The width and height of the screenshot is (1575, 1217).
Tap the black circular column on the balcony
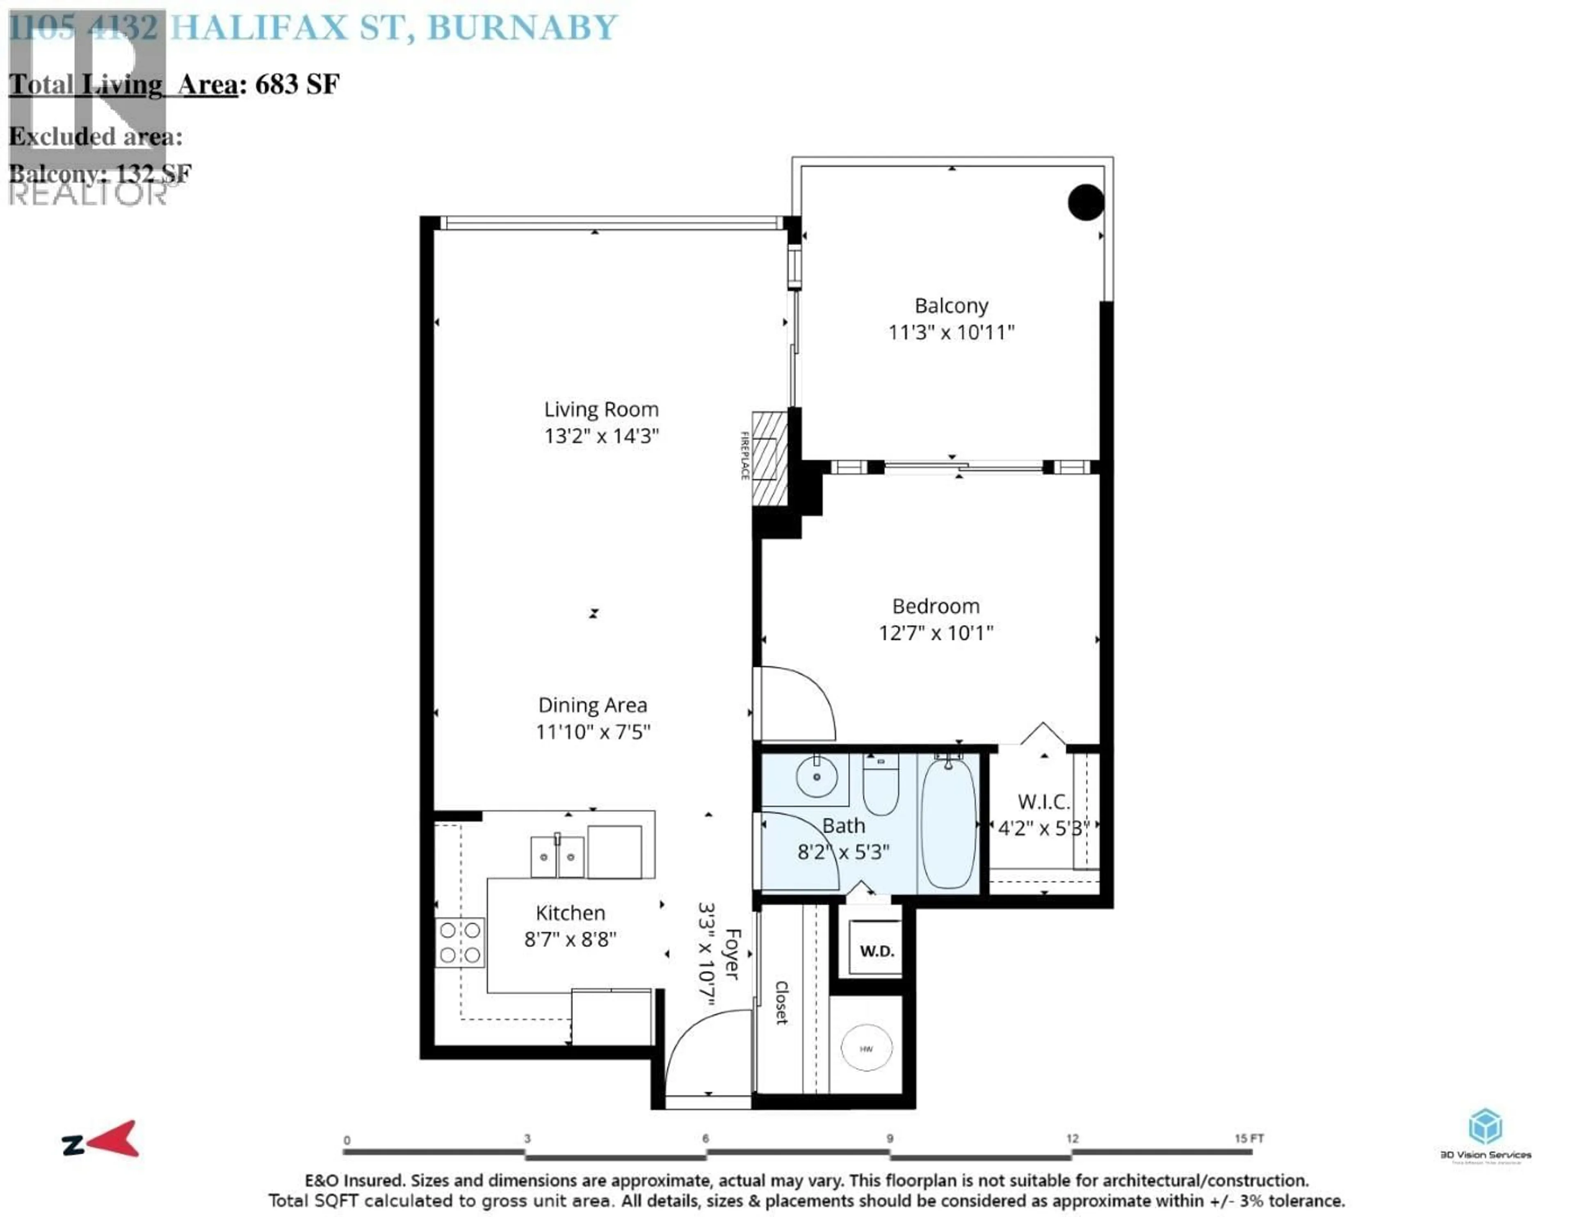tap(1085, 202)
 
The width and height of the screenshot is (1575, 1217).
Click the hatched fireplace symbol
tap(769, 458)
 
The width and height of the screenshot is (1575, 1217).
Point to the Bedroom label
tap(935, 606)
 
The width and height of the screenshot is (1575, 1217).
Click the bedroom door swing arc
tap(801, 700)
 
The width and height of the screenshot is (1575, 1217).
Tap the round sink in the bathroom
tap(816, 777)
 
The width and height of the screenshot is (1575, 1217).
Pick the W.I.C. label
tap(1043, 801)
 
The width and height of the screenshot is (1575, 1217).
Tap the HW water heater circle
tap(866, 1048)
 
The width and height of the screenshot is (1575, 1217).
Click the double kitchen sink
tap(557, 856)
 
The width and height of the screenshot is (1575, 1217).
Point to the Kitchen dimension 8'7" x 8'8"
tap(570, 939)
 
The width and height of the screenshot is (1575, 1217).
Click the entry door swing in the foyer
tap(703, 1046)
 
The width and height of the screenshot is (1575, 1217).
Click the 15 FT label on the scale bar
tap(1249, 1138)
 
